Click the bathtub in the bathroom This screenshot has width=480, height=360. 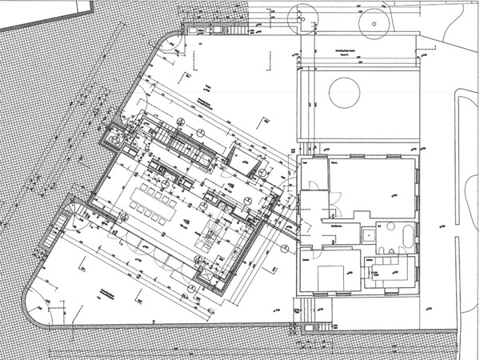407,238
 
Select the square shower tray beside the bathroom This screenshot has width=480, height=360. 369,235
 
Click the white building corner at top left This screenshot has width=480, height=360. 40,10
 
